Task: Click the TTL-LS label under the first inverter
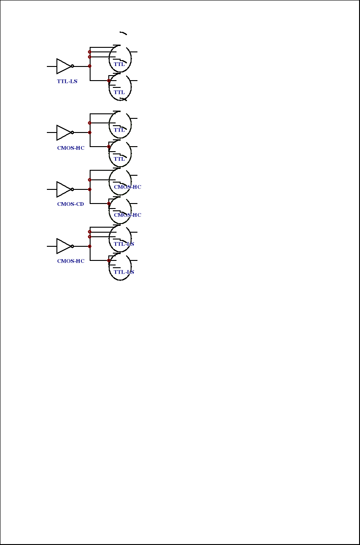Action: (67, 81)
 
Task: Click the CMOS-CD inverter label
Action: (70, 204)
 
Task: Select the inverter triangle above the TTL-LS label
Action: (63, 66)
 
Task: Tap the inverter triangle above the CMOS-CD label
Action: (63, 189)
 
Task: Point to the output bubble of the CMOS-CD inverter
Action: (72, 189)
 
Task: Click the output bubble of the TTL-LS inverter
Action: (72, 66)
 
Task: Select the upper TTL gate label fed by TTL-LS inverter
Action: (119, 64)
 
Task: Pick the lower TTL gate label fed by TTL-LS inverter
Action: (119, 92)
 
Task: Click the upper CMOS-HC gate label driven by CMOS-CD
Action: (127, 187)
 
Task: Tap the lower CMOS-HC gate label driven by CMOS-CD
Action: (127, 215)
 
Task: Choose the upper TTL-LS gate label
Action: (124, 244)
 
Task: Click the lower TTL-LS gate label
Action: (124, 272)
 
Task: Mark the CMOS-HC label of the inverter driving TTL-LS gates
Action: (71, 261)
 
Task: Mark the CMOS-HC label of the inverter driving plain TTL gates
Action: (71, 148)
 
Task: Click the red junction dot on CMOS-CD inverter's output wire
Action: (90, 189)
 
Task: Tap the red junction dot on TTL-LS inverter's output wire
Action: (90, 66)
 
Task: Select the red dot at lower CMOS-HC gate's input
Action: (109, 204)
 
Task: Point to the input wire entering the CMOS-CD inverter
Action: (51, 189)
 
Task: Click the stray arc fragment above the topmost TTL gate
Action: (123, 33)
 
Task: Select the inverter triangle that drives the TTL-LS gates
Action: (63, 246)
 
